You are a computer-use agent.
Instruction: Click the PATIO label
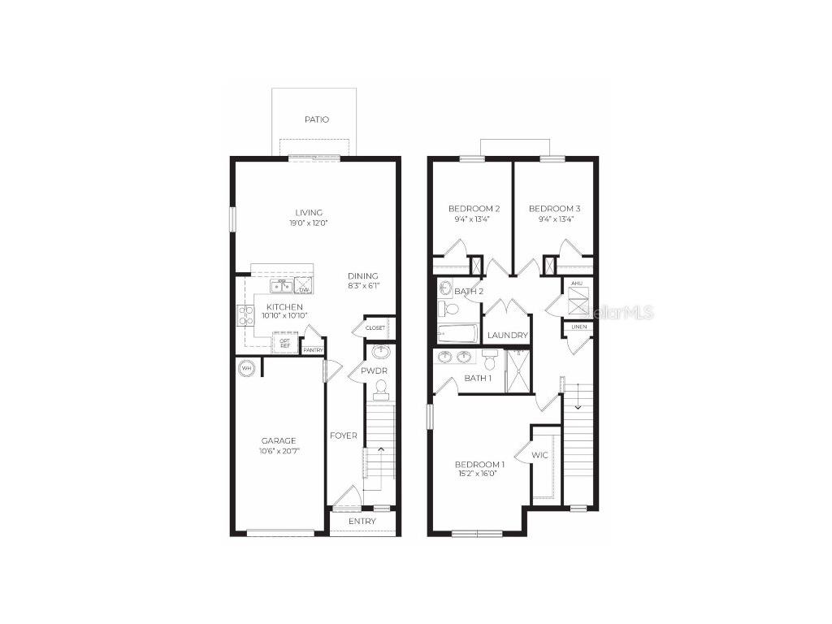[317, 119]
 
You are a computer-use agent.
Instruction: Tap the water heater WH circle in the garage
[245, 368]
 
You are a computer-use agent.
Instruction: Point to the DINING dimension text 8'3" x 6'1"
[363, 286]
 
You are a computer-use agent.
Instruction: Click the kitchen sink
[282, 285]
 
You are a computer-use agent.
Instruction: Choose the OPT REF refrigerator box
[285, 344]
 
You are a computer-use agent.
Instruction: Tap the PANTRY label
[313, 350]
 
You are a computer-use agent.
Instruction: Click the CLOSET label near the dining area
[375, 327]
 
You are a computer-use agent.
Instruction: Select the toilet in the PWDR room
[380, 390]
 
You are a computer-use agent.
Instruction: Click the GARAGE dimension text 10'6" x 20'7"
[278, 451]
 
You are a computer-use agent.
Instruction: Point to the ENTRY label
[362, 521]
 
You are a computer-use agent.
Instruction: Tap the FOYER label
[343, 435]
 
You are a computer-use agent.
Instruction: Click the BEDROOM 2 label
[474, 209]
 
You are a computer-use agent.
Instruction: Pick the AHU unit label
[577, 284]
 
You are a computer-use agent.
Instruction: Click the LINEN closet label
[578, 327]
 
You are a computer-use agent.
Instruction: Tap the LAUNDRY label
[507, 335]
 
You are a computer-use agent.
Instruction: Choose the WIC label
[540, 455]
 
